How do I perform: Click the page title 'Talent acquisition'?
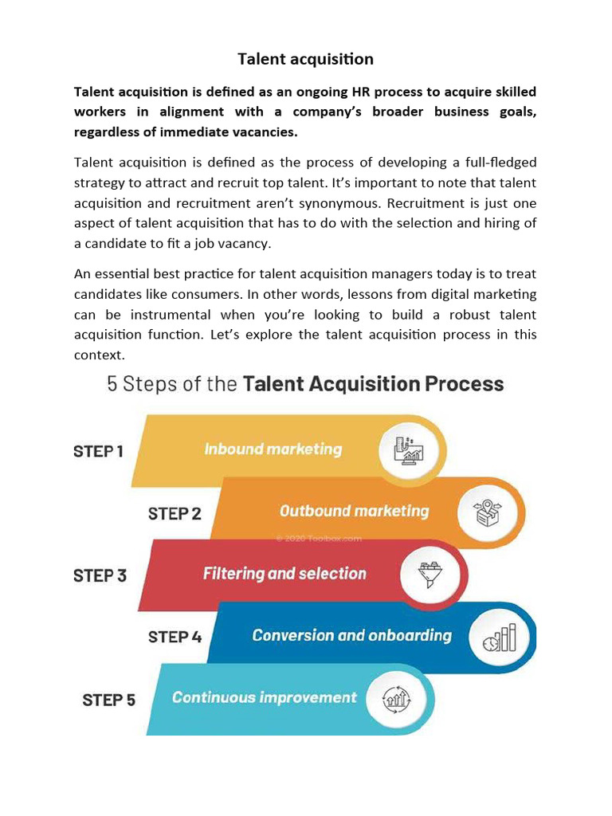point(305,59)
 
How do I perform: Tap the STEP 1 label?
point(98,451)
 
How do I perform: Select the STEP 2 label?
point(175,513)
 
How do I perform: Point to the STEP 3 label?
point(100,575)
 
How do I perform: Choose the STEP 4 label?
point(175,637)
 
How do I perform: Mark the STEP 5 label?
point(108,700)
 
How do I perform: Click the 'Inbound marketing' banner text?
point(273,449)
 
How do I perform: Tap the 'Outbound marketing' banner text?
point(354,511)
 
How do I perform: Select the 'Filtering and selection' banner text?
point(284,574)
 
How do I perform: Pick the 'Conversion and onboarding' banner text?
point(351,635)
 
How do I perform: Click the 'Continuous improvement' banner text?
point(264,697)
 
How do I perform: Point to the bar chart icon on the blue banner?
point(500,637)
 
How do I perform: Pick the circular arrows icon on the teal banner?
point(397,699)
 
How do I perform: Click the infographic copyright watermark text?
point(319,538)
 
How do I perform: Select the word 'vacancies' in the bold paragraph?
point(266,131)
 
